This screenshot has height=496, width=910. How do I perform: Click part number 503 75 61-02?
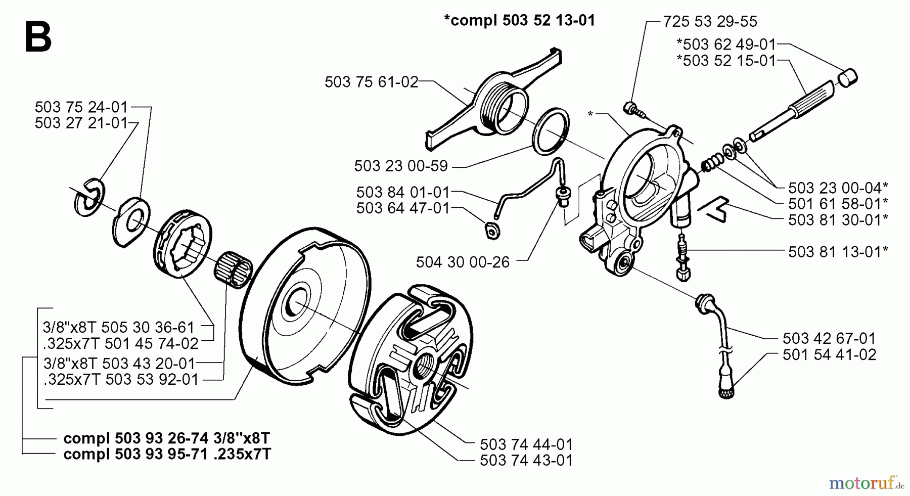[x=371, y=82]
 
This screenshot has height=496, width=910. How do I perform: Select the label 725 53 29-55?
[x=710, y=21]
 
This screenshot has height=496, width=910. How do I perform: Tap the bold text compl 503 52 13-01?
[x=519, y=20]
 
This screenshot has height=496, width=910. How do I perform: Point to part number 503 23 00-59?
[x=401, y=166]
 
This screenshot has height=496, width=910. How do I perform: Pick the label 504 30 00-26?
[x=463, y=262]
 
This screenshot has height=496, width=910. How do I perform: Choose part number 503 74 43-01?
[x=526, y=461]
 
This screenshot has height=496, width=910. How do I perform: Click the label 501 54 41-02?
[x=829, y=354]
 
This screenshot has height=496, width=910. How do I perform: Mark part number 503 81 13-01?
[x=838, y=251]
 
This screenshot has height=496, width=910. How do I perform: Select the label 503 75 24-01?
[x=81, y=107]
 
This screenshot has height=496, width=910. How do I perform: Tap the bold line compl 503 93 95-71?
[x=167, y=454]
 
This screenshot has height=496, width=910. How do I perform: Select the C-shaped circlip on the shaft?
[x=89, y=197]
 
